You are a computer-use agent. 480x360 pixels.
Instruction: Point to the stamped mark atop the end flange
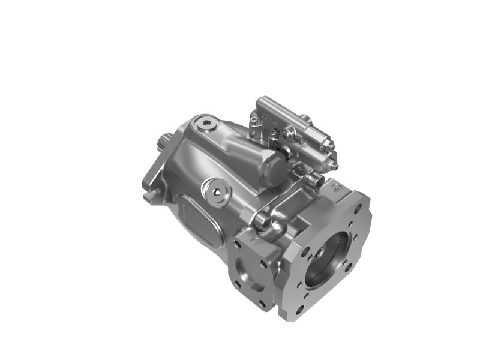(x=337, y=189)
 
